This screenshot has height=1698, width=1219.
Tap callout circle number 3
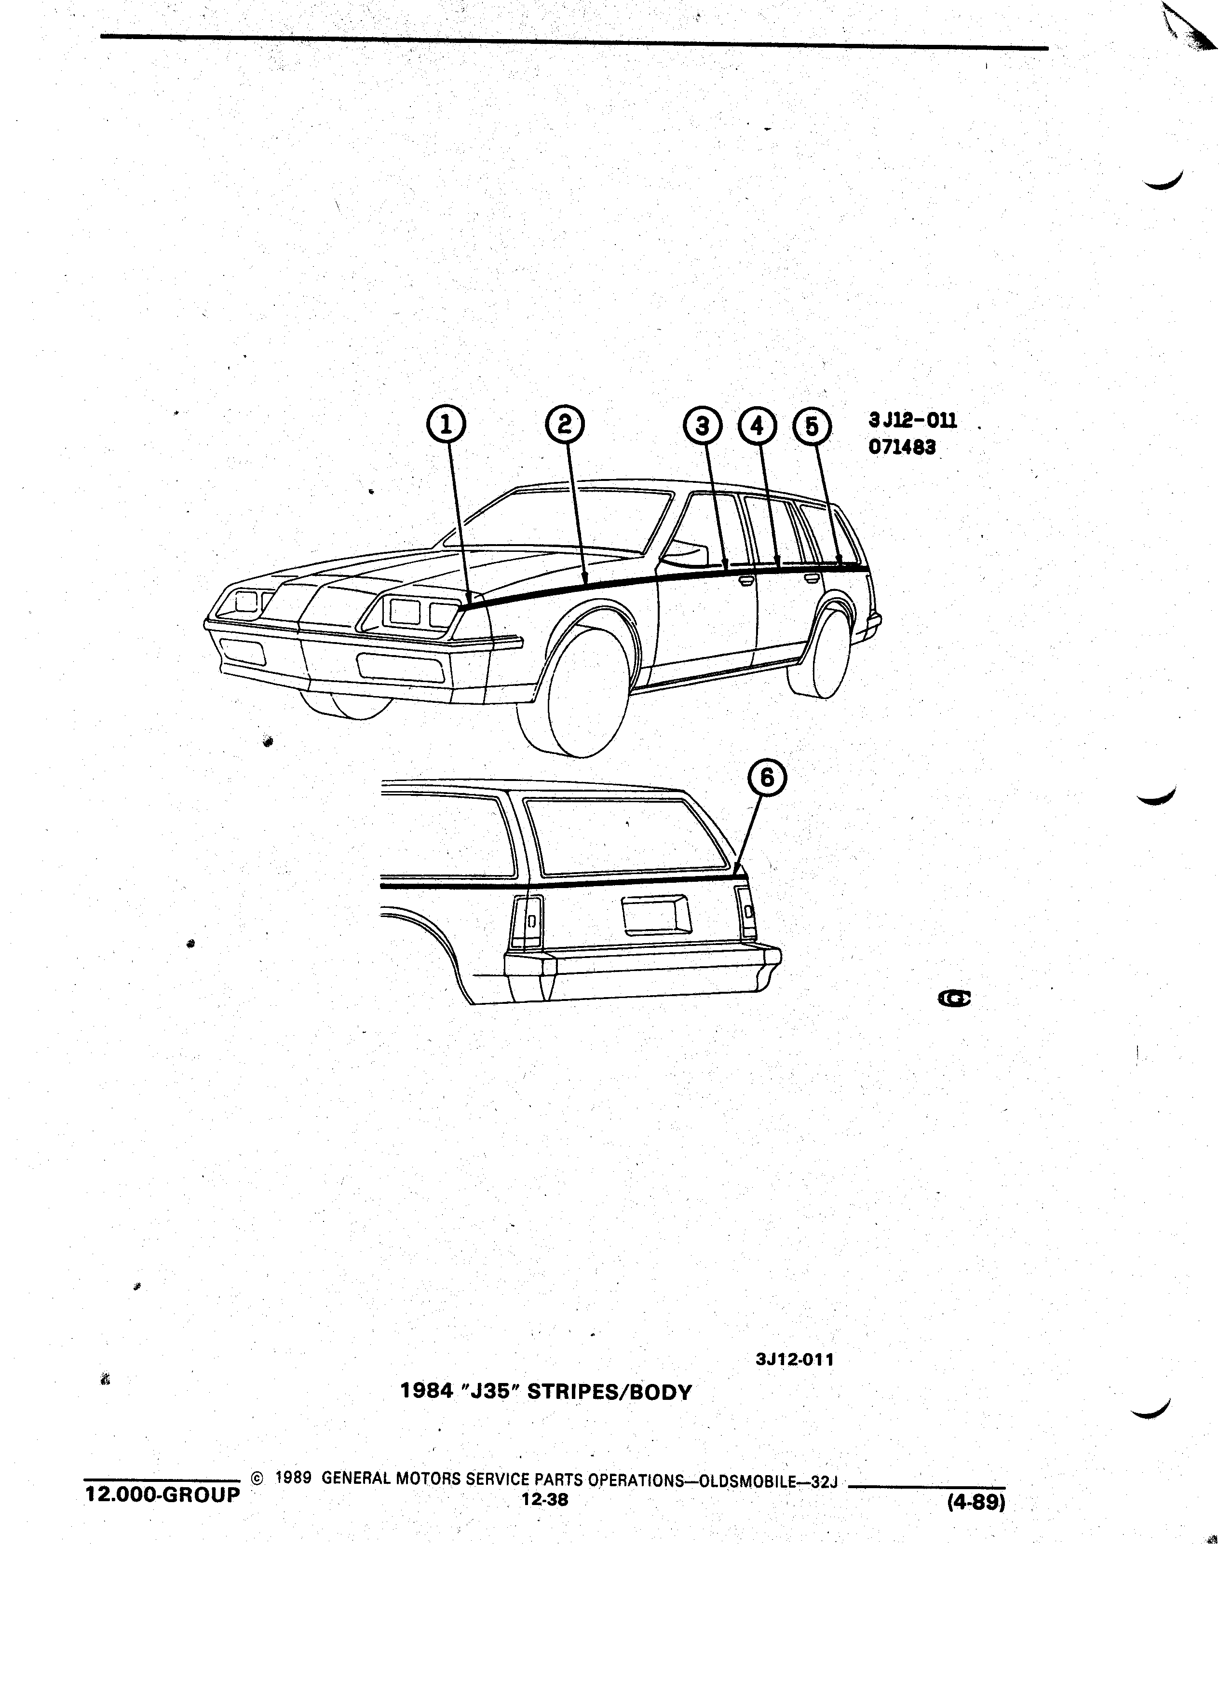point(703,426)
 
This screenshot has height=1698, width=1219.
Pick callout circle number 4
point(757,426)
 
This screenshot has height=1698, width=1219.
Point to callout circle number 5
point(812,426)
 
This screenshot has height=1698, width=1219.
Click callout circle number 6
point(768,779)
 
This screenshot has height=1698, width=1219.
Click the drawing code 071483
point(902,448)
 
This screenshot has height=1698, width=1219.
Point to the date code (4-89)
point(976,1502)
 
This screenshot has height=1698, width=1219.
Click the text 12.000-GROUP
point(163,1494)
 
